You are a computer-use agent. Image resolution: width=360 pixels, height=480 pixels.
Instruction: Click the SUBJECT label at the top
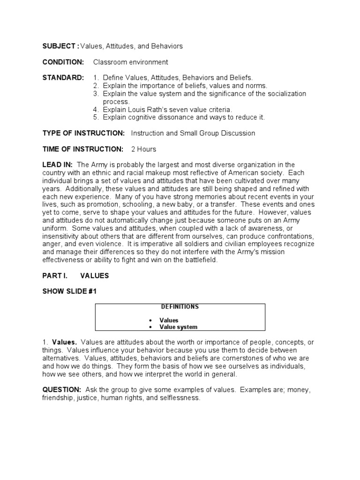[60, 46]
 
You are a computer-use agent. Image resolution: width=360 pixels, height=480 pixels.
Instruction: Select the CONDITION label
[63, 62]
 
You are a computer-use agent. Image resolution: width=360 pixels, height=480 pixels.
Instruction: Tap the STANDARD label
[63, 77]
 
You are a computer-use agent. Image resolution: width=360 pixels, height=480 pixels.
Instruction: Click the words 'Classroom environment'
[130, 62]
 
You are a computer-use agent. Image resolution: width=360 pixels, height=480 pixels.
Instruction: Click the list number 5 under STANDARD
[95, 117]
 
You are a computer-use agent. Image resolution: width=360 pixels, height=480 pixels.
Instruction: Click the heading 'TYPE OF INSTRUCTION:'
[83, 133]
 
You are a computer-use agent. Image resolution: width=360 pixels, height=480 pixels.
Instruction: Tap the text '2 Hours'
[143, 149]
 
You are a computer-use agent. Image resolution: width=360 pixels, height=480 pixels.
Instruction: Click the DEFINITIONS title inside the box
[180, 307]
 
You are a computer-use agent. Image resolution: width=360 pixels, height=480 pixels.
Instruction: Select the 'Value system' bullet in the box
[178, 327]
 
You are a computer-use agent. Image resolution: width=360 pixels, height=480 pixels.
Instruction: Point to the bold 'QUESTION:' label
[62, 390]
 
